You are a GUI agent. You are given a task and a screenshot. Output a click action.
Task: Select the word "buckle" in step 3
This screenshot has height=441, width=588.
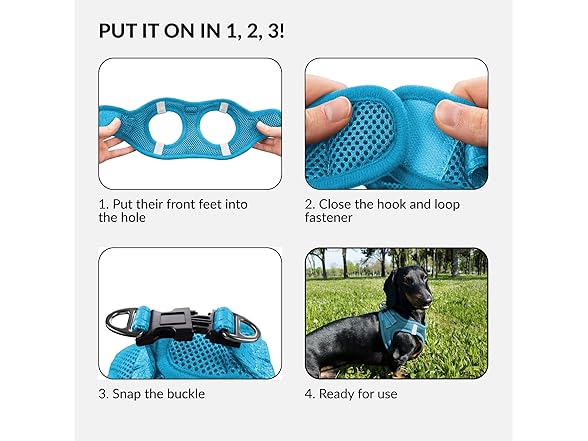pyautogui.click(x=186, y=394)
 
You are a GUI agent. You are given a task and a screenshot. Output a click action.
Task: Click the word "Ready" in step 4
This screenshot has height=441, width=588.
pyautogui.click(x=336, y=394)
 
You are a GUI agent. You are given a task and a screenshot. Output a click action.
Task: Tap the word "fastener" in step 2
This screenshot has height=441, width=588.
pyautogui.click(x=328, y=218)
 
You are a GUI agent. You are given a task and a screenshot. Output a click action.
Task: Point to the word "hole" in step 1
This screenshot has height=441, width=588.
pyautogui.click(x=133, y=218)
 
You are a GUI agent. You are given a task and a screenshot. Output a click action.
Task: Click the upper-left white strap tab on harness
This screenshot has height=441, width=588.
pyautogui.click(x=160, y=109)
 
